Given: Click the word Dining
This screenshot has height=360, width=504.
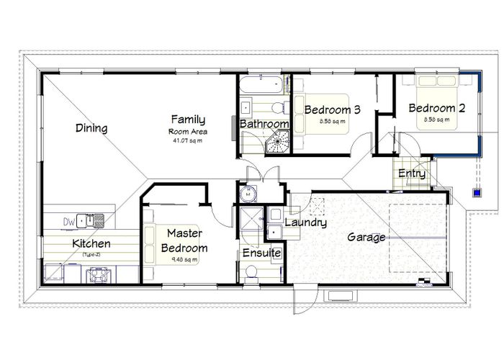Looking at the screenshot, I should pos(91,129).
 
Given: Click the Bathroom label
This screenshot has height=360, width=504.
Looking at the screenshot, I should pos(264,125).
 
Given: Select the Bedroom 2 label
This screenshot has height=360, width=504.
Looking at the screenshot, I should pos(436,109).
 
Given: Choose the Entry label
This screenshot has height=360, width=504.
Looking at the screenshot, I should pos(411,174).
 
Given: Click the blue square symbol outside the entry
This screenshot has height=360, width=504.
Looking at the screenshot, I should pos(477,192).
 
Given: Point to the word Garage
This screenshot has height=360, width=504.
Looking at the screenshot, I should pos(366,237).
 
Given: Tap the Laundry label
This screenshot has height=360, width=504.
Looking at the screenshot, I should pos(305,222).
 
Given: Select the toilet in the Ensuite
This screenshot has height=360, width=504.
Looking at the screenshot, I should pos(250,272).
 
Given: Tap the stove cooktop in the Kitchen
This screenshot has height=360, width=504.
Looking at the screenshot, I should pos(96,274).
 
